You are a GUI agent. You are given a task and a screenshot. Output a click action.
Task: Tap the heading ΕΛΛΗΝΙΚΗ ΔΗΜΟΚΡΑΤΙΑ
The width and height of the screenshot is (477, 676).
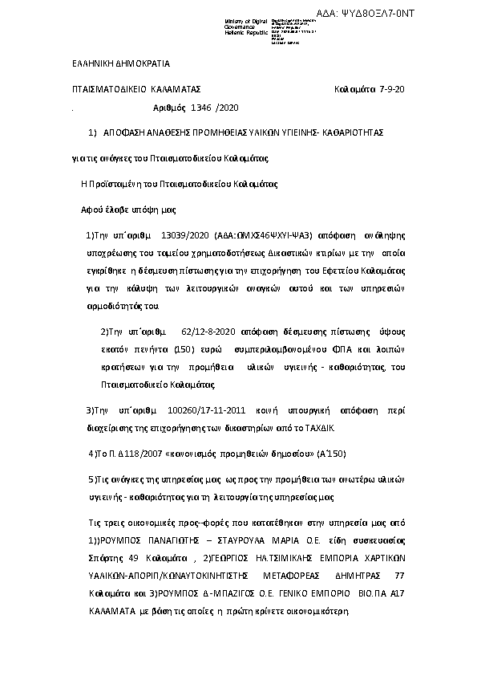point(115,63)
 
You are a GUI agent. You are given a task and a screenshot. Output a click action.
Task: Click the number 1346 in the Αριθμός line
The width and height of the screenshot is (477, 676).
point(202,108)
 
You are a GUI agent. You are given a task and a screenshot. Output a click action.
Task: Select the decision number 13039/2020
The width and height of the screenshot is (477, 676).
point(186,236)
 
